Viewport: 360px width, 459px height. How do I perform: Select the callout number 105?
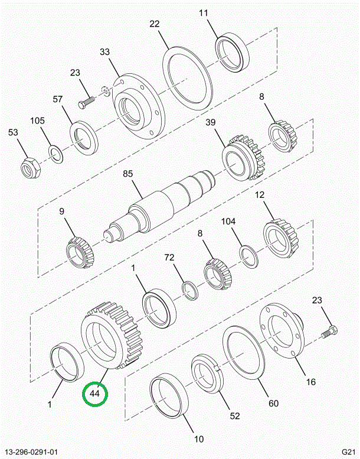[38, 121]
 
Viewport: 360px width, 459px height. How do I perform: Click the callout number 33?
[104, 53]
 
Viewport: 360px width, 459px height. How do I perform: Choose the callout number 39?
[210, 122]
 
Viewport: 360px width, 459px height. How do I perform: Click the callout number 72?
[169, 258]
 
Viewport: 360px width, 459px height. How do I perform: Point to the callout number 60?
[273, 403]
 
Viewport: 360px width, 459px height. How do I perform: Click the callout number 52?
[235, 416]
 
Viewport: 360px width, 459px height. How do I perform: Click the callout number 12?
[259, 195]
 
